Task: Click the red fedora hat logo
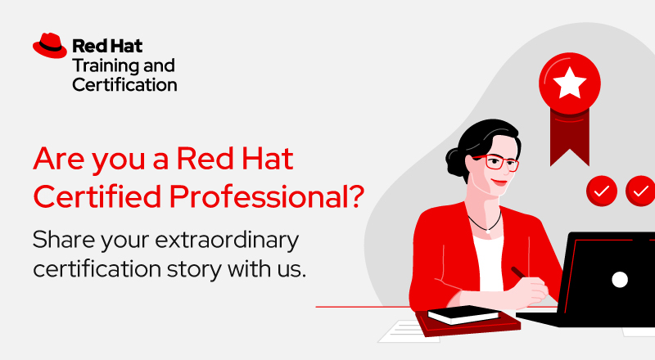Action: (x=50, y=46)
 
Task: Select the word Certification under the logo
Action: (x=124, y=84)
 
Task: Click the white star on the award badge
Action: (x=569, y=83)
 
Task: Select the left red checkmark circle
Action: (x=602, y=191)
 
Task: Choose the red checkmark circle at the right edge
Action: (x=640, y=191)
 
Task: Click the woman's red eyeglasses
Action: (x=498, y=161)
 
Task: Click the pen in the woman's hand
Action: (x=518, y=271)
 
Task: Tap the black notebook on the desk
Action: (x=463, y=315)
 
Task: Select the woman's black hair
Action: (x=475, y=139)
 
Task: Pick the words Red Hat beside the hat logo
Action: (x=101, y=46)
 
